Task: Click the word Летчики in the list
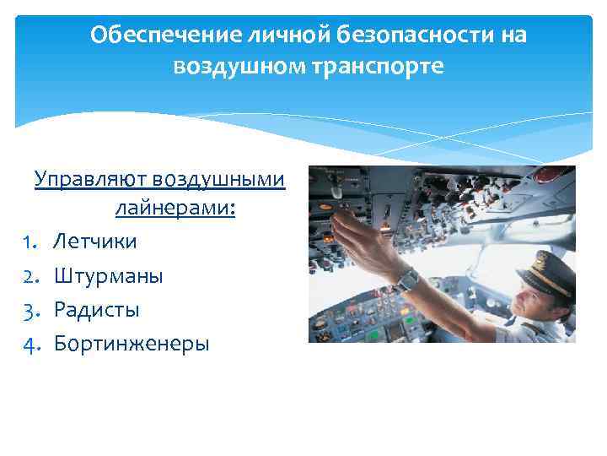(95, 242)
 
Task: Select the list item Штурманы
(109, 276)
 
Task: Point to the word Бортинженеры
(132, 344)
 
